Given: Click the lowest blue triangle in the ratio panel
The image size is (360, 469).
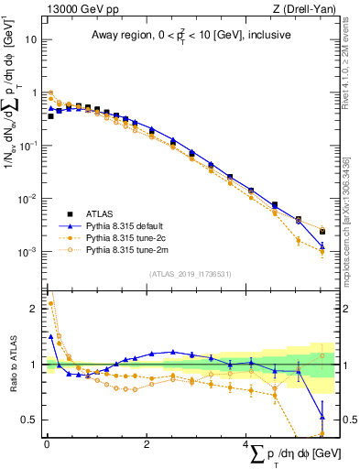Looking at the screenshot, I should (x=322, y=418).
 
